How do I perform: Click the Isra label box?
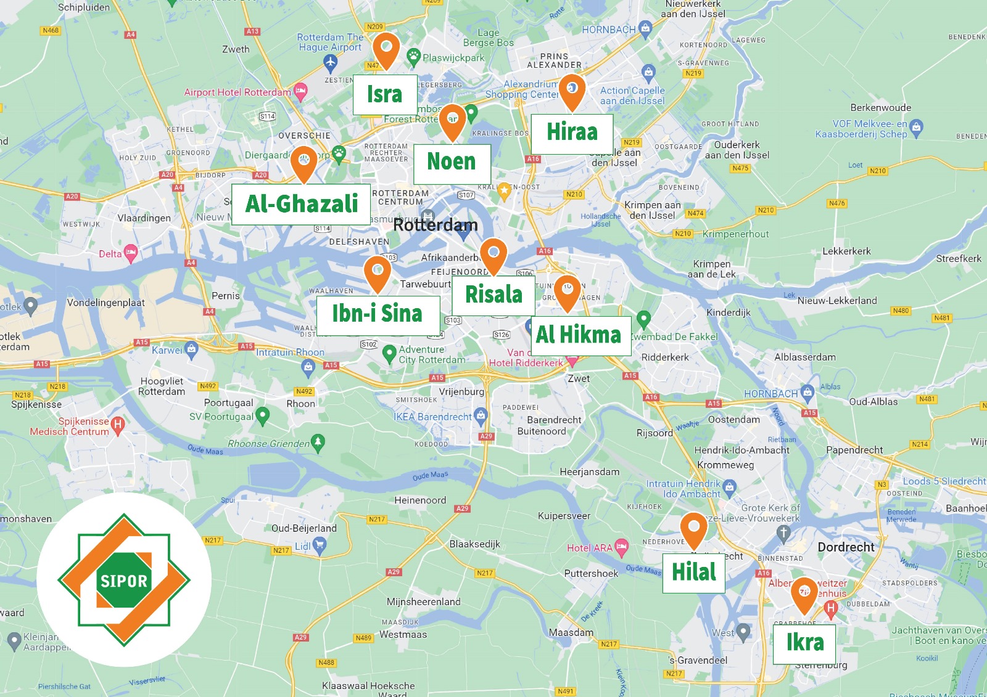[x=385, y=94]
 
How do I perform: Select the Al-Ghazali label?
[x=301, y=203]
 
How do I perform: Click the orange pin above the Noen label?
[x=452, y=120]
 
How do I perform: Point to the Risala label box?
[x=493, y=295]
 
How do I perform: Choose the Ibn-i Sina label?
[x=378, y=314]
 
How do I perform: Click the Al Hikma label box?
[x=579, y=335]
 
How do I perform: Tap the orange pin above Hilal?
[x=694, y=529]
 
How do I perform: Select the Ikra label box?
[x=804, y=643]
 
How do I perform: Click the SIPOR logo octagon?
[x=124, y=580]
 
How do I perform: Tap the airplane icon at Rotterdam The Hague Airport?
[x=331, y=62]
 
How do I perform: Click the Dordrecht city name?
[x=846, y=547]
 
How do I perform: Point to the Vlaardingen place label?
[x=144, y=218]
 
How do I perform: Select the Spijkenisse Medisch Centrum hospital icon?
[x=118, y=424]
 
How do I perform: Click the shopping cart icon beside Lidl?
[x=319, y=544]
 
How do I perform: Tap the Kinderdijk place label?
[x=729, y=312]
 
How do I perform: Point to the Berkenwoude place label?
[x=880, y=108]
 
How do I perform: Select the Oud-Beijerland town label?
[x=304, y=528]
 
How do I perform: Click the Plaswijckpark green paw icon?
[x=413, y=57]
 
